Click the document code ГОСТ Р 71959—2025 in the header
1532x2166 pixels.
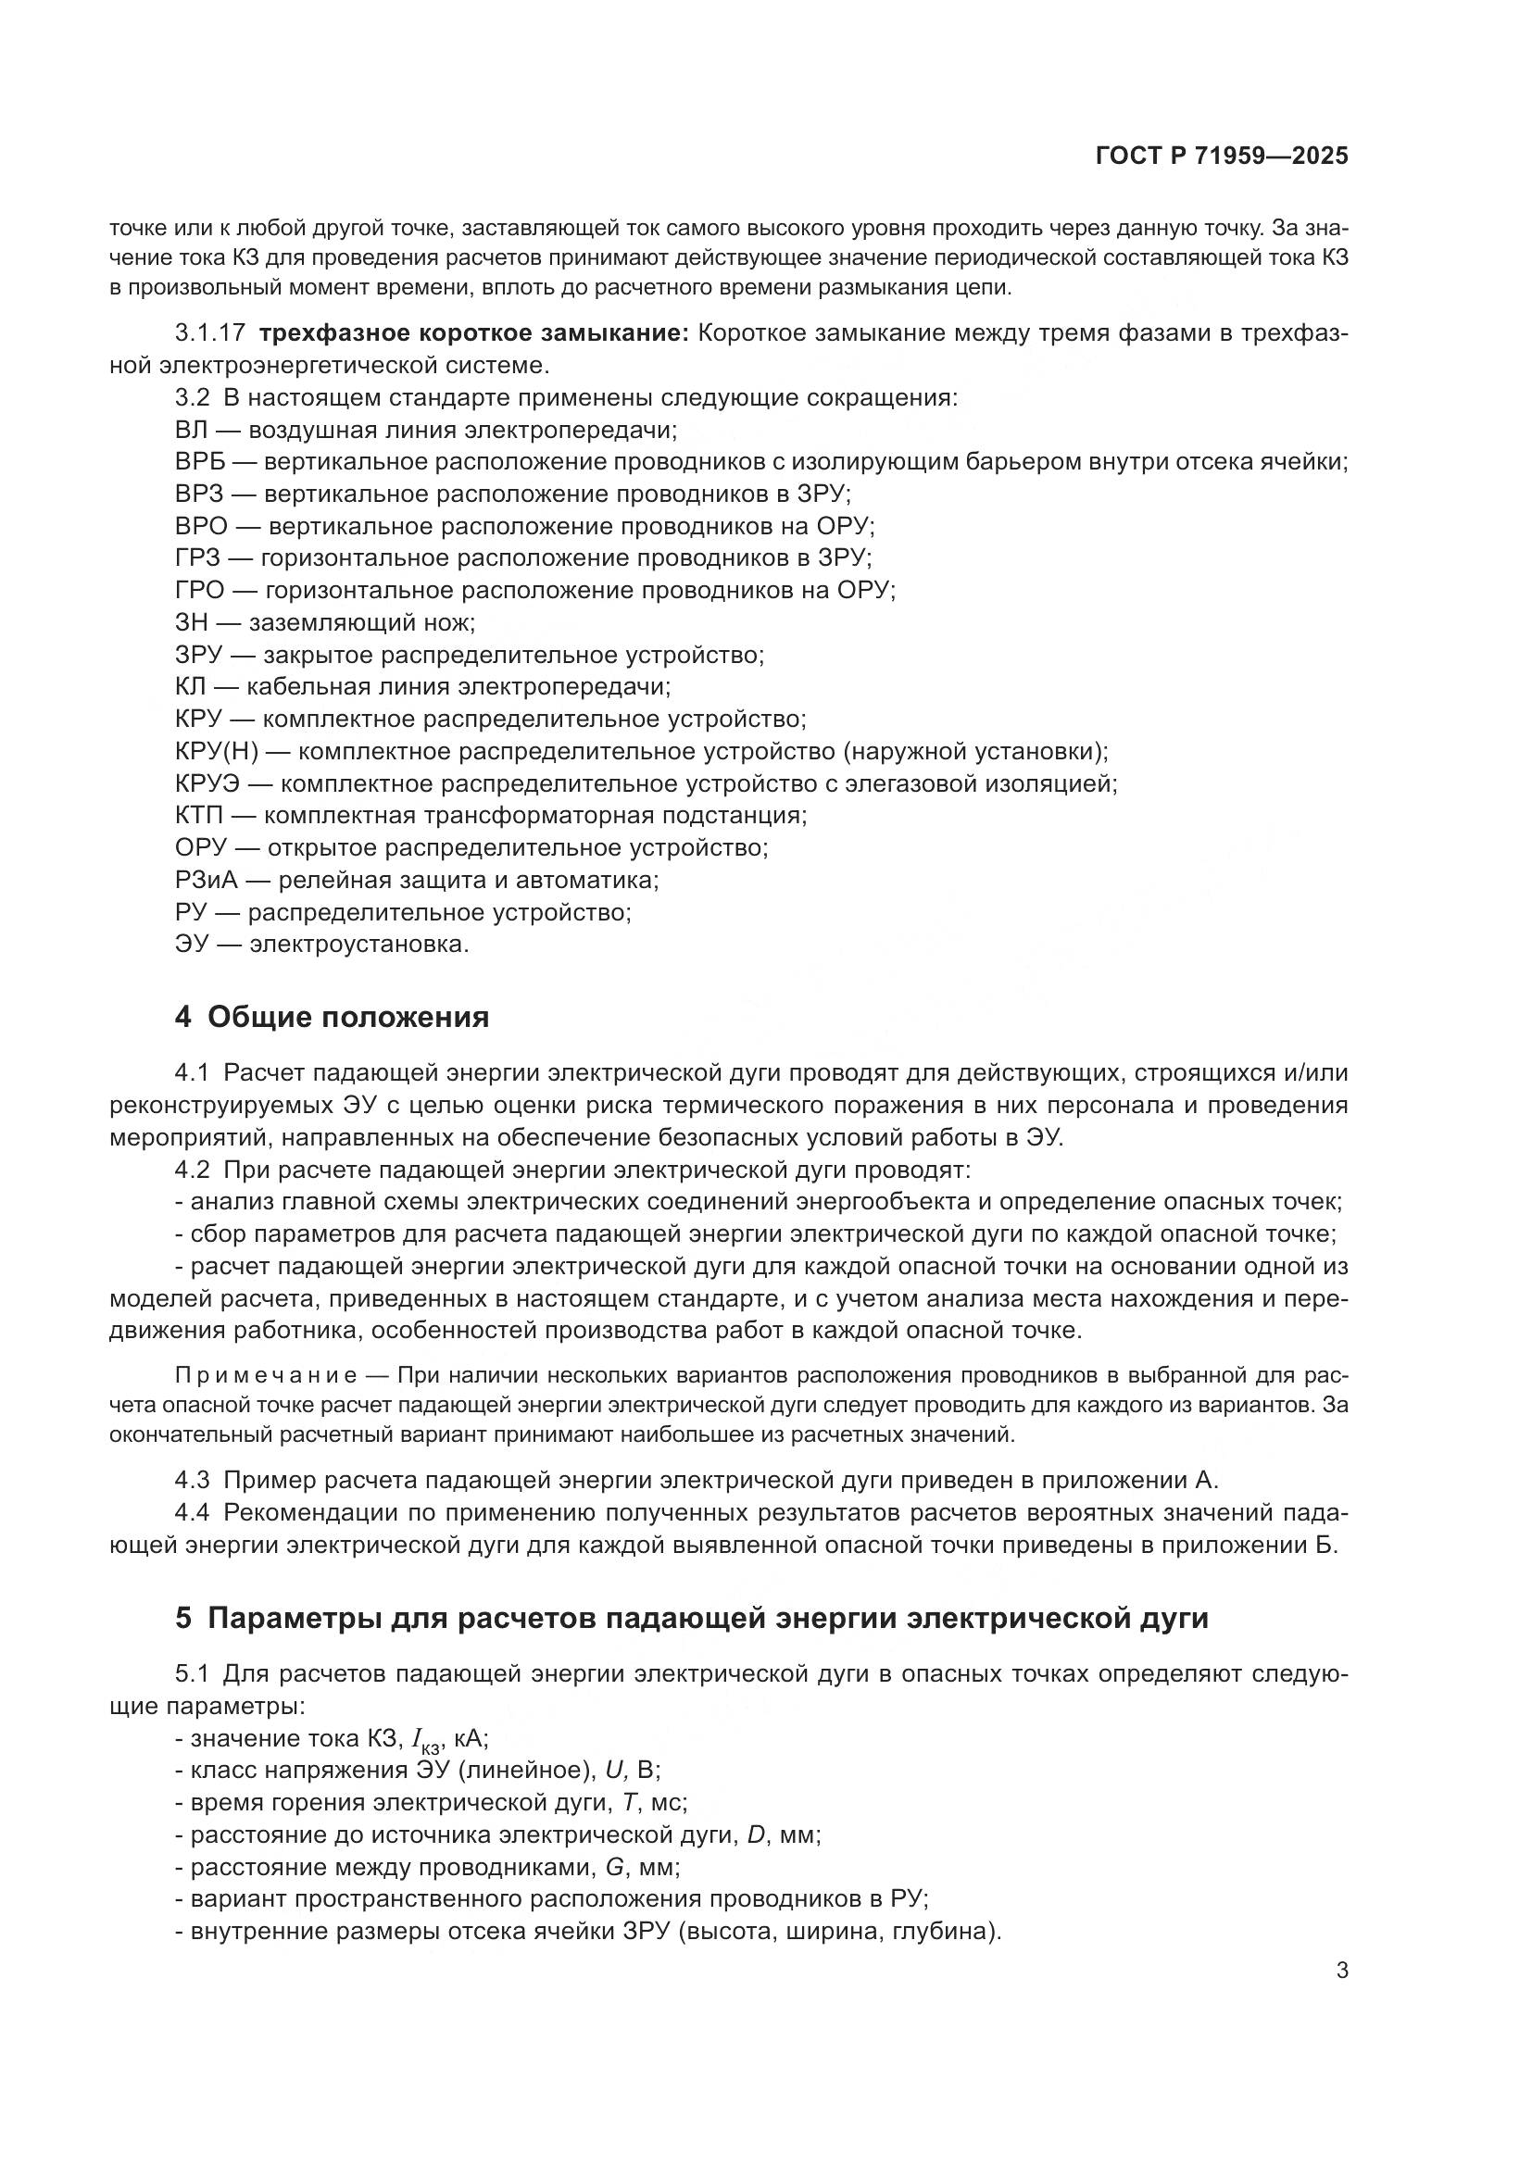pyautogui.click(x=1222, y=156)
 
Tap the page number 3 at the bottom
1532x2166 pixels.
pyautogui.click(x=1342, y=1971)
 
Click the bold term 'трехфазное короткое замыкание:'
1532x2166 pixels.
pyautogui.click(x=474, y=333)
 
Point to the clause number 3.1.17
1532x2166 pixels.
pyautogui.click(x=209, y=333)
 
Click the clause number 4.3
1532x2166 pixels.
pyautogui.click(x=192, y=1479)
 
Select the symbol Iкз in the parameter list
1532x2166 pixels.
pyautogui.click(x=423, y=1740)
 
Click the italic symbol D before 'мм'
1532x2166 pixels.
pyautogui.click(x=755, y=1835)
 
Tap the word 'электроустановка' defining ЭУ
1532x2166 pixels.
pyautogui.click(x=358, y=945)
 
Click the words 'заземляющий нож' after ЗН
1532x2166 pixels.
pyautogui.click(x=361, y=622)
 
